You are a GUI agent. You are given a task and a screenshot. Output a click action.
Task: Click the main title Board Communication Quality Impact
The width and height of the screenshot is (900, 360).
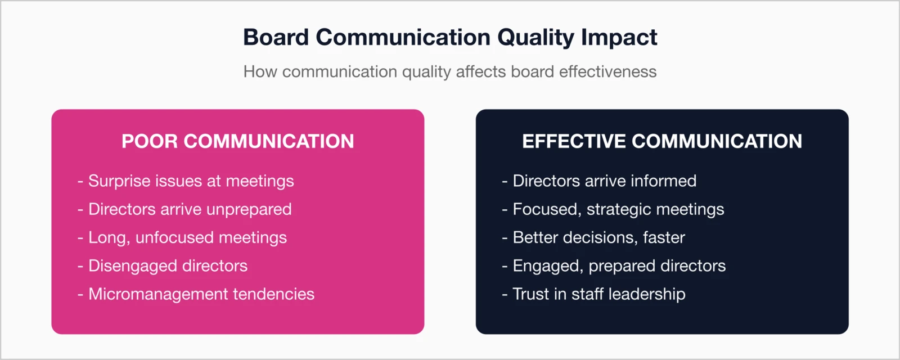tap(450, 38)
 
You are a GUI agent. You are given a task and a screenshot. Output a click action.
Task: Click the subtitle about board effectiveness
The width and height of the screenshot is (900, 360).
tap(450, 72)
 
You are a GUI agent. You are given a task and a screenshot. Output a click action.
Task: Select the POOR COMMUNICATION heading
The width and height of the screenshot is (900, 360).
tap(237, 141)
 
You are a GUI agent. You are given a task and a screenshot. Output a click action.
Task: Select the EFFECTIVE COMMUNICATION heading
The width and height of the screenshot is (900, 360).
tap(662, 141)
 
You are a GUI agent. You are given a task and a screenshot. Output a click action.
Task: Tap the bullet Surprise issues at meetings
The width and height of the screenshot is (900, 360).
tap(190, 181)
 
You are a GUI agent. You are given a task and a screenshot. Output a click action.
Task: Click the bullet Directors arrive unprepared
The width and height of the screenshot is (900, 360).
tap(189, 209)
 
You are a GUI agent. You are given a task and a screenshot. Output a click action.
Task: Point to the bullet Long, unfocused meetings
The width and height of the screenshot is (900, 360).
tap(187, 237)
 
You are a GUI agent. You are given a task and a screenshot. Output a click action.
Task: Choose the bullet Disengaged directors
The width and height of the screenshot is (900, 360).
tap(167, 265)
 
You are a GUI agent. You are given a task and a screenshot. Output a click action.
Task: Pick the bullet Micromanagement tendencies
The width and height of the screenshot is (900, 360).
tap(201, 294)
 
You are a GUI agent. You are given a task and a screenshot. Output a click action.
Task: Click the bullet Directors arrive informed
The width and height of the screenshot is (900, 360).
tap(604, 181)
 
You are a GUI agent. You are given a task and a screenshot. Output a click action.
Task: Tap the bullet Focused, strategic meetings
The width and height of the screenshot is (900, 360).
tap(618, 209)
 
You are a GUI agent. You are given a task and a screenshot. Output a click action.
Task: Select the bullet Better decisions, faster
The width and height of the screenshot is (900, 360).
tap(598, 237)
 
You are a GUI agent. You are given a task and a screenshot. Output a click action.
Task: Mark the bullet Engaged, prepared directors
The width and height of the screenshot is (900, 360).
tap(618, 265)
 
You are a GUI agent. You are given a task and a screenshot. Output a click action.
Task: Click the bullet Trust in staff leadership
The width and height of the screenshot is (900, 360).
tap(598, 294)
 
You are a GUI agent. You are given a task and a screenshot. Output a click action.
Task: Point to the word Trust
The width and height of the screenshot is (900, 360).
tap(530, 294)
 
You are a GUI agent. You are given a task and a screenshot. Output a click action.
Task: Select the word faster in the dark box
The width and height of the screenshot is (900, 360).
tap(664, 237)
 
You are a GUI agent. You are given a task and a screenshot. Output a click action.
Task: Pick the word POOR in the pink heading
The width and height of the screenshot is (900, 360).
tap(150, 141)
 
